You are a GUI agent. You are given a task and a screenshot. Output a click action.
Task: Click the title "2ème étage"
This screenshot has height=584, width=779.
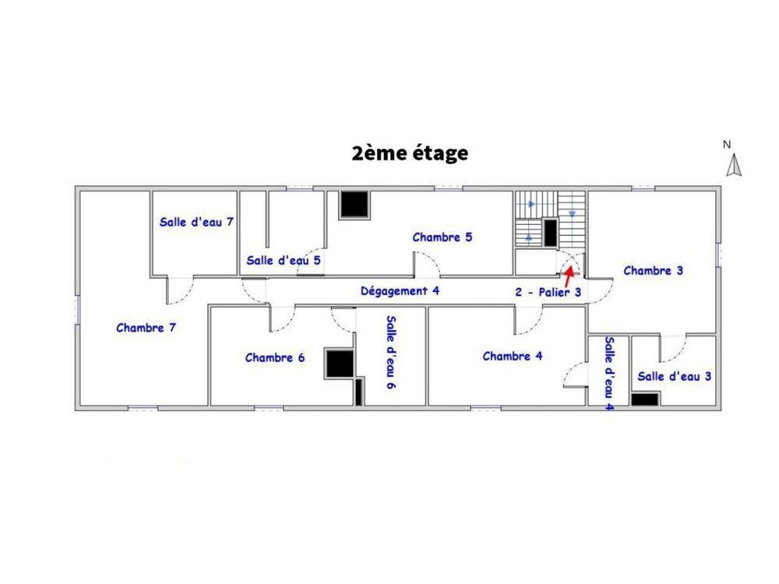pos(410,153)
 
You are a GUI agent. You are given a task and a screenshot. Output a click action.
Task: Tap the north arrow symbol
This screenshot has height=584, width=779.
pos(733,165)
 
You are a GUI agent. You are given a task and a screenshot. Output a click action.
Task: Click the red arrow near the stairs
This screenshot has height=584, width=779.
pos(569,273)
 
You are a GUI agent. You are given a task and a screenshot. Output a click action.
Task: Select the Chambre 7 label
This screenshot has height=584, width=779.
pos(146,328)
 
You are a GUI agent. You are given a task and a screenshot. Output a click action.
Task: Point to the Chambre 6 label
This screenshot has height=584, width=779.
pos(274,358)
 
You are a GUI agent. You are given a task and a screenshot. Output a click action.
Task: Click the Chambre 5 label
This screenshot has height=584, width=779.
pos(442,237)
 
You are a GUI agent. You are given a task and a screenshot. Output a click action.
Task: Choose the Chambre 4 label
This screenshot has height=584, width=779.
pos(513,357)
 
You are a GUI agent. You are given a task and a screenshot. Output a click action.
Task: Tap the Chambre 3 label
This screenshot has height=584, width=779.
pos(654,271)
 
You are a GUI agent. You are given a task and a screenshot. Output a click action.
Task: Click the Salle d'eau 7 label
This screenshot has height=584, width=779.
pos(197,222)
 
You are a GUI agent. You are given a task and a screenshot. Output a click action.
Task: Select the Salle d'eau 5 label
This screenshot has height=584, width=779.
pos(284,260)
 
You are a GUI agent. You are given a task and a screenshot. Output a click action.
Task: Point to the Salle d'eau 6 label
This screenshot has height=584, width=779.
pos(390,352)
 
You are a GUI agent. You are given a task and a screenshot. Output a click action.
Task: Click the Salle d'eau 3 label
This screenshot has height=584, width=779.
pos(675,376)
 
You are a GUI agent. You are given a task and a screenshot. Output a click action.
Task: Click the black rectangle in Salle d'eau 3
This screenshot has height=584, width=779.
pos(645,399)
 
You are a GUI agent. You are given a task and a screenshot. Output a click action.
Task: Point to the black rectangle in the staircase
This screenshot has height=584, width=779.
pos(550,233)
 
